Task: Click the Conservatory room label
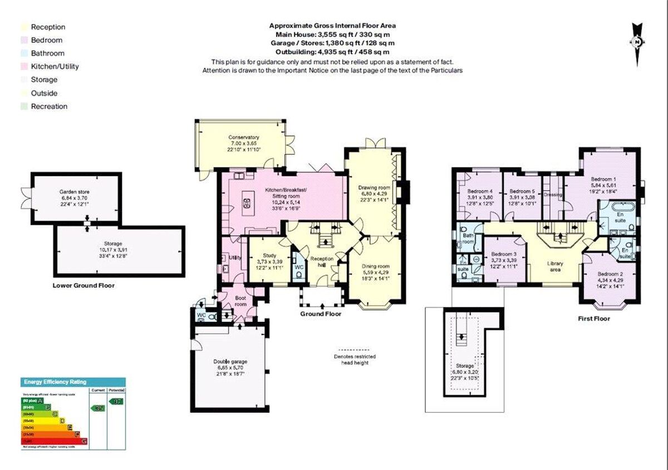coord(244,137)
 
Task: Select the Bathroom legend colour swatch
coord(23,53)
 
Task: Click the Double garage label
coord(230,362)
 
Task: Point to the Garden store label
coord(75,192)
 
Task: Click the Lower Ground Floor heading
coord(83,285)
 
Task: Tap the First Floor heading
coord(593,319)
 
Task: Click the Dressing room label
coord(553,195)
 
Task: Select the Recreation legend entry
coord(49,106)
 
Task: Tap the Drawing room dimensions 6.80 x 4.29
coord(374,194)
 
